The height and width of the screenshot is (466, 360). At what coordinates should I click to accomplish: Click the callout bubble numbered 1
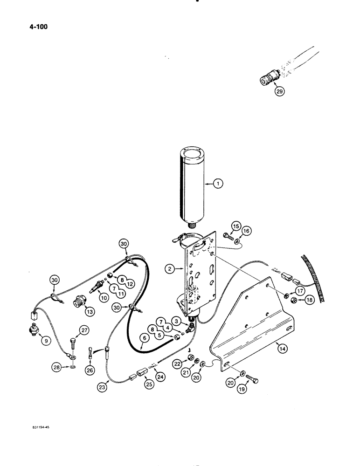[x=217, y=184]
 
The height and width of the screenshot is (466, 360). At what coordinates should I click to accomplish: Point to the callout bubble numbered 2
[x=170, y=269]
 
